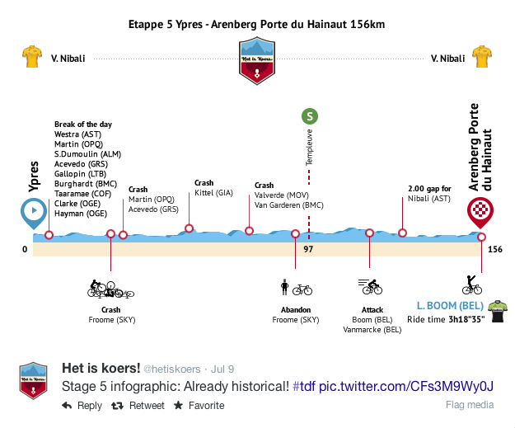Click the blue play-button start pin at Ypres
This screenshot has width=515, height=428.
[33, 212]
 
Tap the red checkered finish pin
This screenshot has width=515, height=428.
[480, 212]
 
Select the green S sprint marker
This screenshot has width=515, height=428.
[309, 116]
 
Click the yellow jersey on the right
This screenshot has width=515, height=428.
[481, 58]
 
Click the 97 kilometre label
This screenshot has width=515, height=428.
[308, 248]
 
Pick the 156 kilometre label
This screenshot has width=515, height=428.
[494, 248]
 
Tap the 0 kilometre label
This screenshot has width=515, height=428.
[25, 248]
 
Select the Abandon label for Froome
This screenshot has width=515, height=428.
[296, 309]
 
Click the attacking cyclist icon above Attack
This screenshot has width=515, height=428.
[370, 287]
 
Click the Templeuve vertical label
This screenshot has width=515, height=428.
[309, 147]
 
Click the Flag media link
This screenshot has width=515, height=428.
[470, 405]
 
